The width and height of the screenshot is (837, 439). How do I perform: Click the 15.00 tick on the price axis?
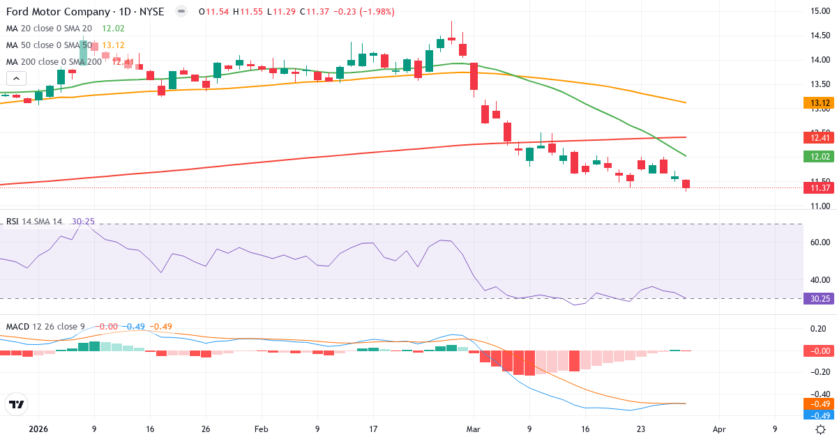click(819, 10)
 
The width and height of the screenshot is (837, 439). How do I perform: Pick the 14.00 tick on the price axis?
click(819, 60)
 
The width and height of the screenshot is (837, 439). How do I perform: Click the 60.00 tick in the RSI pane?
click(819, 242)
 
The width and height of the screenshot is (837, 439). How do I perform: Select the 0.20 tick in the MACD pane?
click(819, 328)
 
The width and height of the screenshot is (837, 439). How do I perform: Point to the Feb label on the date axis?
click(261, 429)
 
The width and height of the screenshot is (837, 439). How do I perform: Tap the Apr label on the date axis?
click(719, 429)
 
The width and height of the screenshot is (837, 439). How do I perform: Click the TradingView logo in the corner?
click(16, 404)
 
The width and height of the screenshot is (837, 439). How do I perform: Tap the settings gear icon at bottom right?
click(822, 429)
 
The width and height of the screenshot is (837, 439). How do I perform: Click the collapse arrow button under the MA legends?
click(16, 79)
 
